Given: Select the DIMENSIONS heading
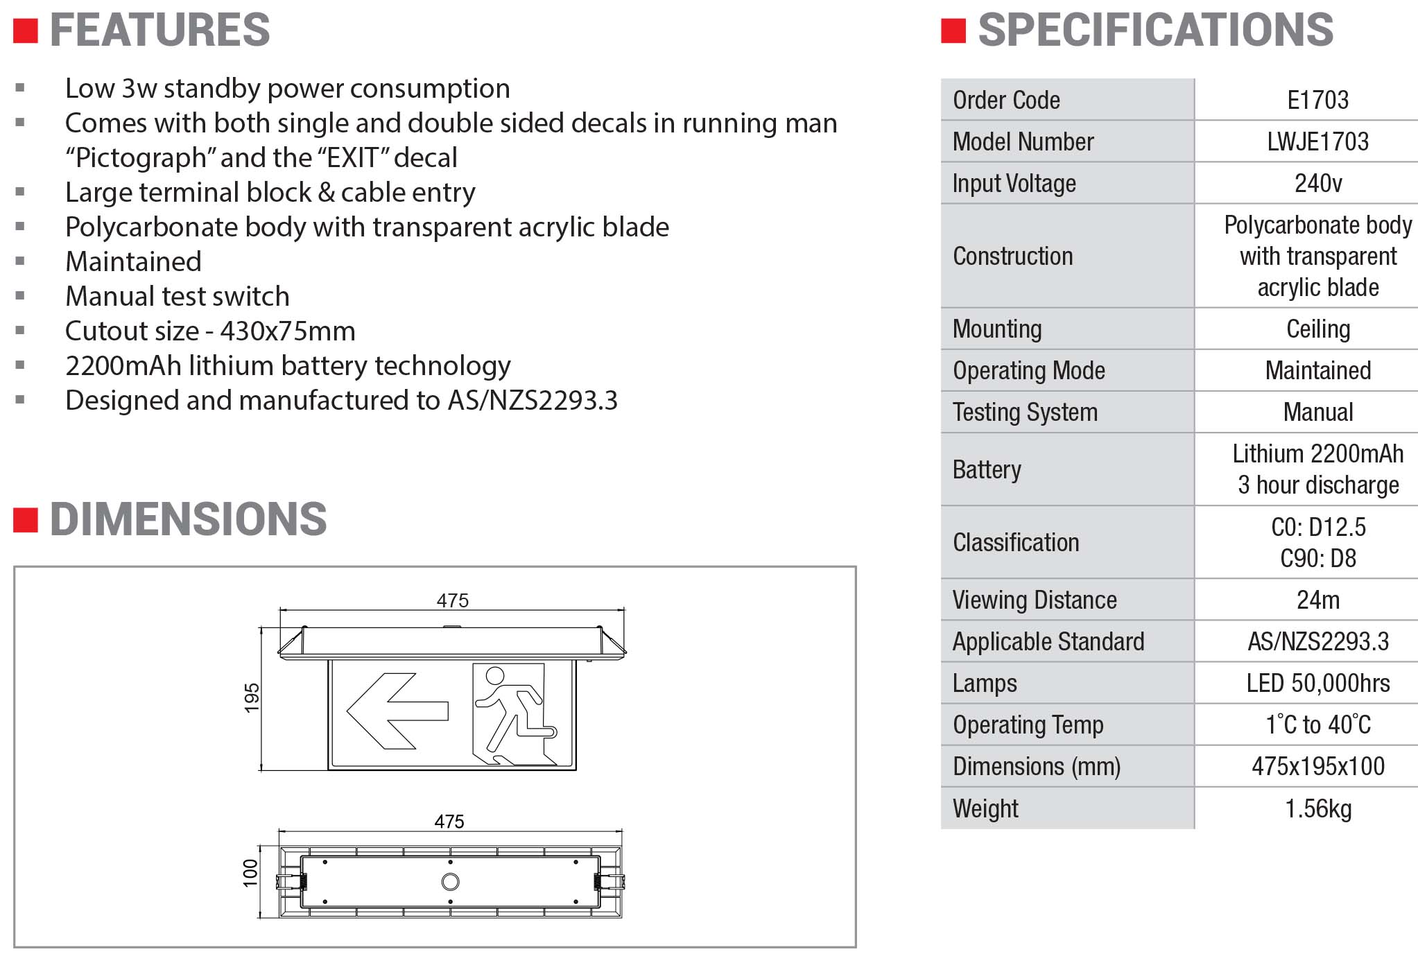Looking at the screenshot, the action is pos(188,519).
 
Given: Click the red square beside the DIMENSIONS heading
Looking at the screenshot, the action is pos(26,520).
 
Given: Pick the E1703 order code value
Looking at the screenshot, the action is pos(1317,100).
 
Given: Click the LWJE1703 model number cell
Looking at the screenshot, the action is pos(1317,141).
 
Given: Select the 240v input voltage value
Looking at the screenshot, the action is pos(1317,183).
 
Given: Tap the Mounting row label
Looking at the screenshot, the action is pos(997,329).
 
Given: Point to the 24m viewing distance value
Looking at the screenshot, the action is pos(1317,600).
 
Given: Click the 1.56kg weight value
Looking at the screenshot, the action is pos(1317,808).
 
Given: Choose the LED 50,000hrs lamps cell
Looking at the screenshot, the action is pos(1317,683).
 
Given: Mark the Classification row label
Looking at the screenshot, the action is pos(1016,542).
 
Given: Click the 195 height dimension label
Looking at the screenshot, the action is pos(252,697).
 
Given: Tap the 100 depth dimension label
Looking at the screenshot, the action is pos(250,873).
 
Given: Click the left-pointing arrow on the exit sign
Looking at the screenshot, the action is pos(397,711).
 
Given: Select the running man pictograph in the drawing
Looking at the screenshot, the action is pos(515,714).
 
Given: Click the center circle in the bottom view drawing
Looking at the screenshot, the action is pos(450,882).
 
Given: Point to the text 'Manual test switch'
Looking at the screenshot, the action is pos(177,296).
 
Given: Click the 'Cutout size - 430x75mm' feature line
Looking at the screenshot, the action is pos(210,331).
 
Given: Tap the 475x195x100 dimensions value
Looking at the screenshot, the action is pos(1317,766).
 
